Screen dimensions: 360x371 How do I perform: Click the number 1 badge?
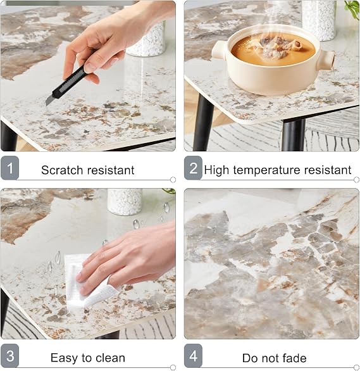tap(9, 168)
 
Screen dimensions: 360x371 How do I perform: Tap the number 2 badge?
tap(193, 168)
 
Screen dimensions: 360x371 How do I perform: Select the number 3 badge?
tap(9, 356)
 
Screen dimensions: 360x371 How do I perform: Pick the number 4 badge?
tap(193, 356)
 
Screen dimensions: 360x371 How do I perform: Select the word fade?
tap(294, 358)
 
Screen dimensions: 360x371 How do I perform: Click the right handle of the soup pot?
tap(326, 61)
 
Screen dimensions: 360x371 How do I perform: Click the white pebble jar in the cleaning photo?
tap(125, 202)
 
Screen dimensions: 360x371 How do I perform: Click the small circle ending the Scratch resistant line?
tap(173, 180)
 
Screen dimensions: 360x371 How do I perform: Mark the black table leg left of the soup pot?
tap(203, 122)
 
